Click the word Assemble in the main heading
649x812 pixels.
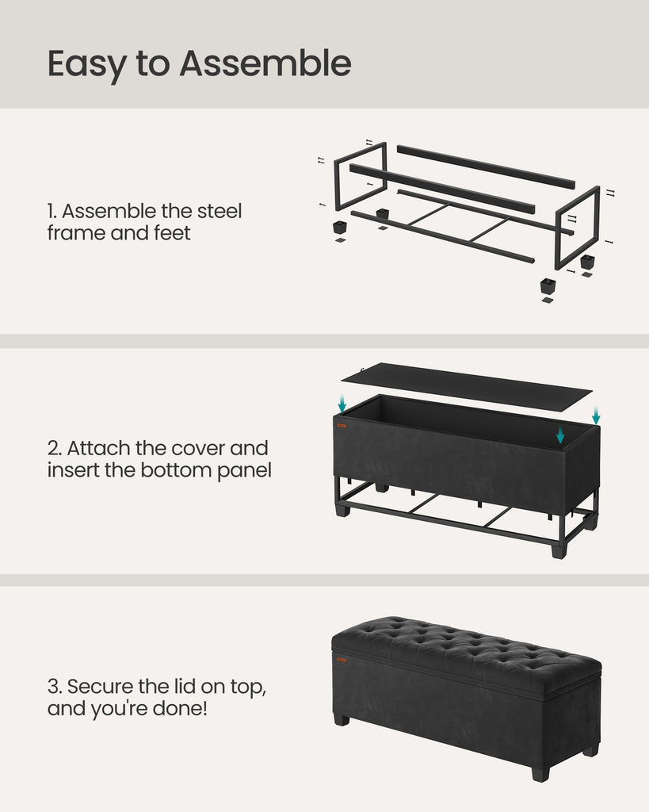point(265,63)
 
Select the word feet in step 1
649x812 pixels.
point(172,232)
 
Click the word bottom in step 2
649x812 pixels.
point(177,470)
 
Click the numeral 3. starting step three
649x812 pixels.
point(55,687)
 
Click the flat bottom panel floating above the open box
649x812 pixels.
point(466,386)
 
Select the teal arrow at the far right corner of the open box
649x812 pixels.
point(596,416)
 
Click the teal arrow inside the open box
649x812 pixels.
point(560,435)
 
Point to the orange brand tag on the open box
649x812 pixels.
point(342,426)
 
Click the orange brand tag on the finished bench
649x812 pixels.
point(342,660)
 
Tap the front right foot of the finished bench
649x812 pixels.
point(540,774)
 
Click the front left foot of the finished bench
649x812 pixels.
point(342,720)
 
